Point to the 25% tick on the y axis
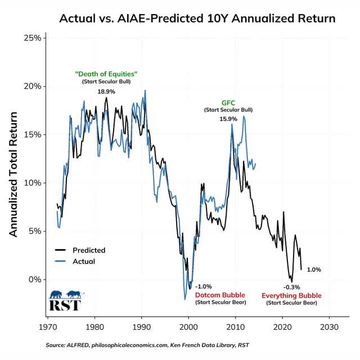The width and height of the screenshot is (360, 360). point(31,38)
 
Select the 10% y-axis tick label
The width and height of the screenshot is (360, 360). point(31,183)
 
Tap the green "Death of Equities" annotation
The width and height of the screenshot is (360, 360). point(106,74)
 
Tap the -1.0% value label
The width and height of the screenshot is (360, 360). point(203,286)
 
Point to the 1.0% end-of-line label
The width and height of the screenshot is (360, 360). point(314,269)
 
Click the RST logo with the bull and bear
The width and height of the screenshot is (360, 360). point(65,300)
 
